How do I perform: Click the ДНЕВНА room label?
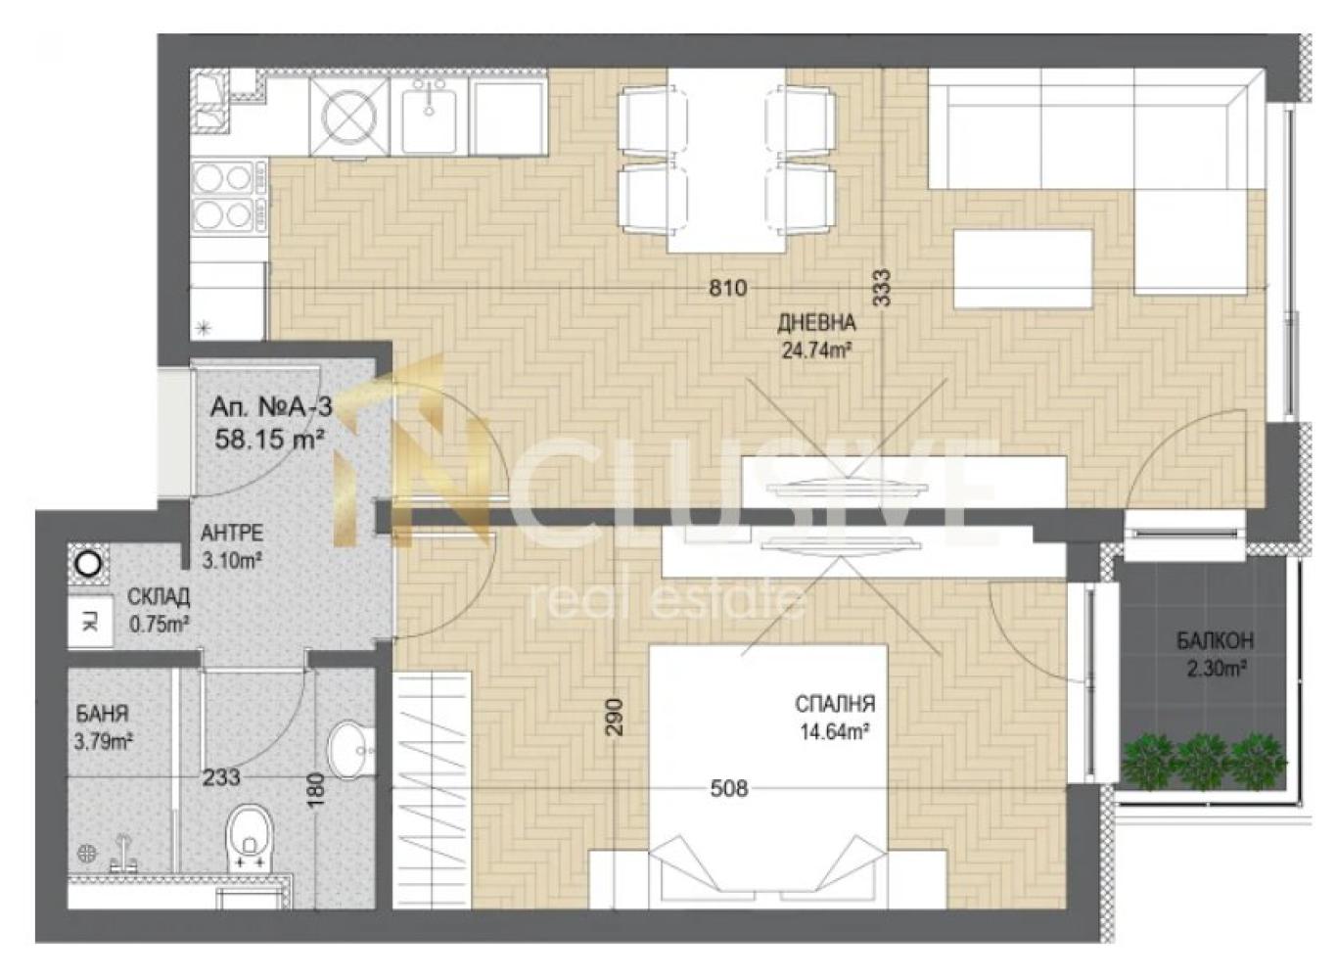(816, 323)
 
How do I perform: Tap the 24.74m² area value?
(815, 350)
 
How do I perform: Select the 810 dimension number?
(727, 288)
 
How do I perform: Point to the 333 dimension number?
(882, 288)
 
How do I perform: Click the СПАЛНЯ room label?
(835, 704)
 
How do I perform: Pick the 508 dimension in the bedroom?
(729, 789)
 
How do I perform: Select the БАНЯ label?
(102, 714)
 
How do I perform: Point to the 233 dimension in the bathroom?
(221, 777)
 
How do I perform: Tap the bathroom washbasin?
(351, 750)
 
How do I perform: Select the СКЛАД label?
(159, 595)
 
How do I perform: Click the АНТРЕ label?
(231, 533)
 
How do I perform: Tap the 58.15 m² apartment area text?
(270, 441)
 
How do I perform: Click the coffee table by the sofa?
(1023, 269)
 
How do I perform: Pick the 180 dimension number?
(317, 786)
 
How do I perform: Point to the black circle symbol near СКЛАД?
(89, 563)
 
